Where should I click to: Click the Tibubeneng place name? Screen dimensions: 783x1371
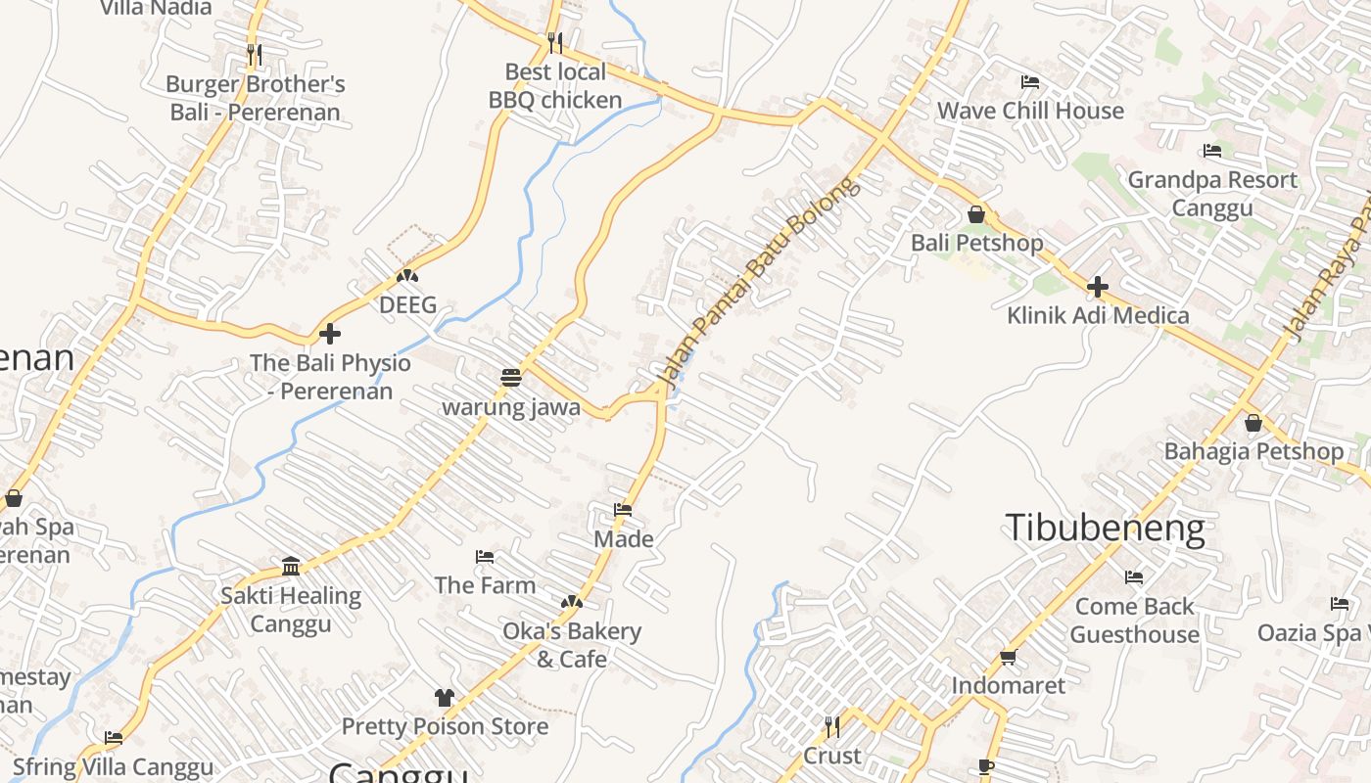coord(1106,528)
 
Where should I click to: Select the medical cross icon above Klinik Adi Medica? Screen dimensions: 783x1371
coord(1098,287)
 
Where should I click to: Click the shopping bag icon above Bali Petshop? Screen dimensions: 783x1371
coord(976,214)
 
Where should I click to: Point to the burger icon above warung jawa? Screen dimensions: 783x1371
coord(510,377)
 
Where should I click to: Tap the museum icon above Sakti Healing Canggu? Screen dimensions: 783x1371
coord(291,566)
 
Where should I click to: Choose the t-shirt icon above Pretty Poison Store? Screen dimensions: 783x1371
coord(445,698)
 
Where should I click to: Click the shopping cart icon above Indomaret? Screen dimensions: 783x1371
coord(1009,657)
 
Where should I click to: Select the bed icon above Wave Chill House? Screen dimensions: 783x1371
coord(1029,81)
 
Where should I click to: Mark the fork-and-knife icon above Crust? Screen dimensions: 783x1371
coord(832,726)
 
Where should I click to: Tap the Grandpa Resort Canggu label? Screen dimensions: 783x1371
coord(1212,194)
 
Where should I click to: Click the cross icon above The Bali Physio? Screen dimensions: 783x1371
coord(330,334)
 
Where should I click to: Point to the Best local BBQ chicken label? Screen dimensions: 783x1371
coord(555,86)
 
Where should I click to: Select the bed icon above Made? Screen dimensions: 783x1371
coord(623,510)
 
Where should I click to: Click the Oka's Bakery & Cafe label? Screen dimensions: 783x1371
coord(572,645)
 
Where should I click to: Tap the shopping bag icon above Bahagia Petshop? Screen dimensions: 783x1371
coord(1253,423)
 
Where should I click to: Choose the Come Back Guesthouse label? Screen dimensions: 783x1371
coord(1134,621)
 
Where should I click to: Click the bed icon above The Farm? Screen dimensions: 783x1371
coord(485,557)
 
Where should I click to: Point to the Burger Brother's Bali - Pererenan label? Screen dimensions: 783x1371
coord(256,98)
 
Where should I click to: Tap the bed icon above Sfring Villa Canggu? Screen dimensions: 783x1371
coord(114,738)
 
